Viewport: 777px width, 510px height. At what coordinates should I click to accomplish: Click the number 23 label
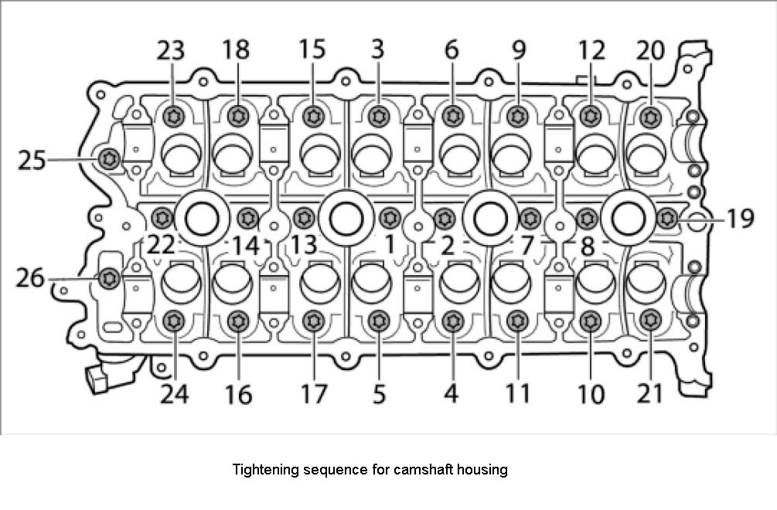[171, 50]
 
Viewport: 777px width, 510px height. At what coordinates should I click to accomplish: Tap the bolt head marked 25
[109, 158]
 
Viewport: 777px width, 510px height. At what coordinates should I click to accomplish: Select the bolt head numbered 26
[109, 277]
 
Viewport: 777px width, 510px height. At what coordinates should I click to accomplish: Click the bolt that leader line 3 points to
[377, 117]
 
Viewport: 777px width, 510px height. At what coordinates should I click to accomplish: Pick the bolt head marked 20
[649, 117]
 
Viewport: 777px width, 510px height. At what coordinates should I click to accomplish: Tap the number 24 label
[173, 394]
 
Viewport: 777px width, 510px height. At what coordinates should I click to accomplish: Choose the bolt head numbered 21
[650, 319]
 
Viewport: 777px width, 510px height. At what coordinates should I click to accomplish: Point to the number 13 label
[305, 246]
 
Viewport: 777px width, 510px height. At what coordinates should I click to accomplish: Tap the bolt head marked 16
[238, 320]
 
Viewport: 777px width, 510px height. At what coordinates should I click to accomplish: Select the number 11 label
[518, 394]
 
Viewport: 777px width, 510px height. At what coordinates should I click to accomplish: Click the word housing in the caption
[482, 470]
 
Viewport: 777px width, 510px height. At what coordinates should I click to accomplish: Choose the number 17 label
[313, 394]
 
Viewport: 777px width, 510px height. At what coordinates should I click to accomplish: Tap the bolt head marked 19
[666, 219]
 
